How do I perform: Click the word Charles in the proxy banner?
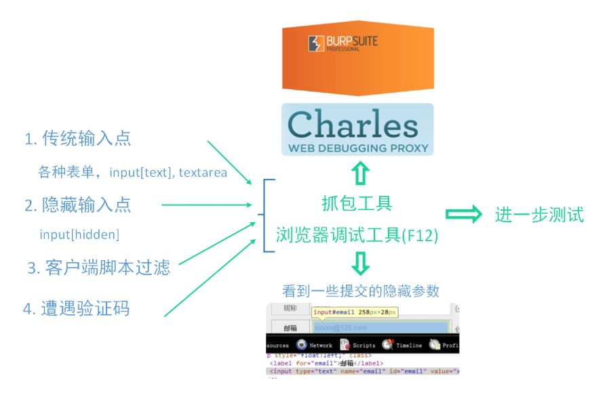[x=353, y=125]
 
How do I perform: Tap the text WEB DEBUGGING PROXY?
[x=357, y=147]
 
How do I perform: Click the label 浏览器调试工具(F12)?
[x=357, y=235]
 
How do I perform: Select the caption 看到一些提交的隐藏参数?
[x=361, y=291]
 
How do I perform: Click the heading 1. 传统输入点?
[x=77, y=139]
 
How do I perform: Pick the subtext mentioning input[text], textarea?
[x=133, y=172]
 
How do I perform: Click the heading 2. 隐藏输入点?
[x=77, y=204]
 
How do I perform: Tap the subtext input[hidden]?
[x=79, y=234]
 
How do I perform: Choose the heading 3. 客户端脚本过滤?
[x=98, y=268]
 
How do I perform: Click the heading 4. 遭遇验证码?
[x=76, y=309]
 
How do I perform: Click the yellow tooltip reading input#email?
[x=355, y=312]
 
